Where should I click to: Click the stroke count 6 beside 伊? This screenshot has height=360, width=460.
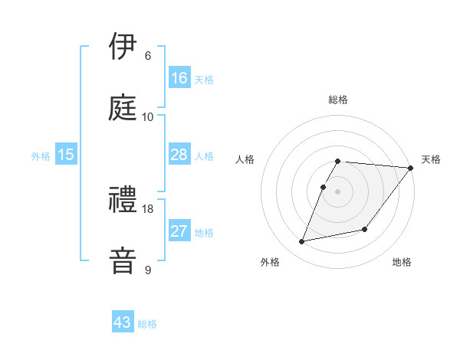pos(148,56)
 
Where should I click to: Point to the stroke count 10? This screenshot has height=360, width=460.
pos(148,116)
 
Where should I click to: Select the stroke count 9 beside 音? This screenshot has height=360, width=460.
pos(148,270)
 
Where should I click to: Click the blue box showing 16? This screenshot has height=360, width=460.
pos(179,77)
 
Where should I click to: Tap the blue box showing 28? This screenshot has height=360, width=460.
pos(179,155)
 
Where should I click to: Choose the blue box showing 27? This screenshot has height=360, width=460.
pos(179,231)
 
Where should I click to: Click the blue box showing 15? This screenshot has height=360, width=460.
pos(66,155)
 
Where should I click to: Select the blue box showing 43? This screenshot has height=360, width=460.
pos(123,322)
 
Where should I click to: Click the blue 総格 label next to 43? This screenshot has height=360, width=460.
pos(148,324)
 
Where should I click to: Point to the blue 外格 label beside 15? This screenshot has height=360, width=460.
pos(41,156)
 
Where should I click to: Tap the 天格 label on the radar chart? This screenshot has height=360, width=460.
pos(431,159)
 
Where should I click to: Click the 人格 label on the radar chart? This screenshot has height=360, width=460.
pos(245,159)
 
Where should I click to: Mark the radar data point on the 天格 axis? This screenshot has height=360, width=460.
pos(410,169)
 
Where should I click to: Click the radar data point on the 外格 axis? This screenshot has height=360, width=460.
pos(302,241)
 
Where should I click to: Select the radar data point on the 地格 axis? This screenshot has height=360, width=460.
pos(365,229)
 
